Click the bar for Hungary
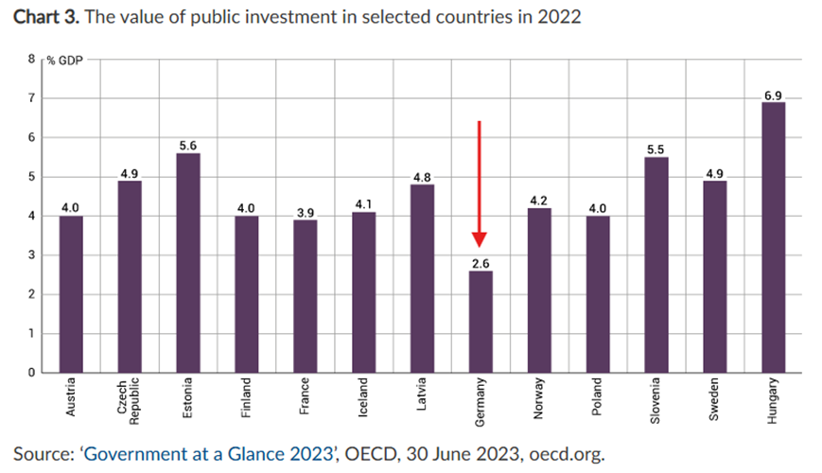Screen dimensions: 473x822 pyautogui.click(x=773, y=237)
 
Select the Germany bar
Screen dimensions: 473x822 pyautogui.click(x=480, y=322)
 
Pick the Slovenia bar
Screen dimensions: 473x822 pyautogui.click(x=656, y=265)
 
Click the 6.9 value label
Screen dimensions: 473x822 pyautogui.click(x=773, y=94)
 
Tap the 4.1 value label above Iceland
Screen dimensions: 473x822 pyautogui.click(x=363, y=203)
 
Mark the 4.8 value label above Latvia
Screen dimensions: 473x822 pyautogui.click(x=422, y=176)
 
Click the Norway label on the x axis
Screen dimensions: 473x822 pyautogui.click(x=538, y=401)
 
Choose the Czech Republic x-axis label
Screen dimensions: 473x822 pyautogui.click(x=129, y=406)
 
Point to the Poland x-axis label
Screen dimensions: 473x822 pyautogui.click(x=597, y=401)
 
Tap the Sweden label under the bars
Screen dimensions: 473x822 pyautogui.click(x=714, y=402)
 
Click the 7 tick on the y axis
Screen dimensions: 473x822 pyautogui.click(x=30, y=98)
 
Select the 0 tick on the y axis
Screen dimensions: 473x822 pyautogui.click(x=30, y=373)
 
